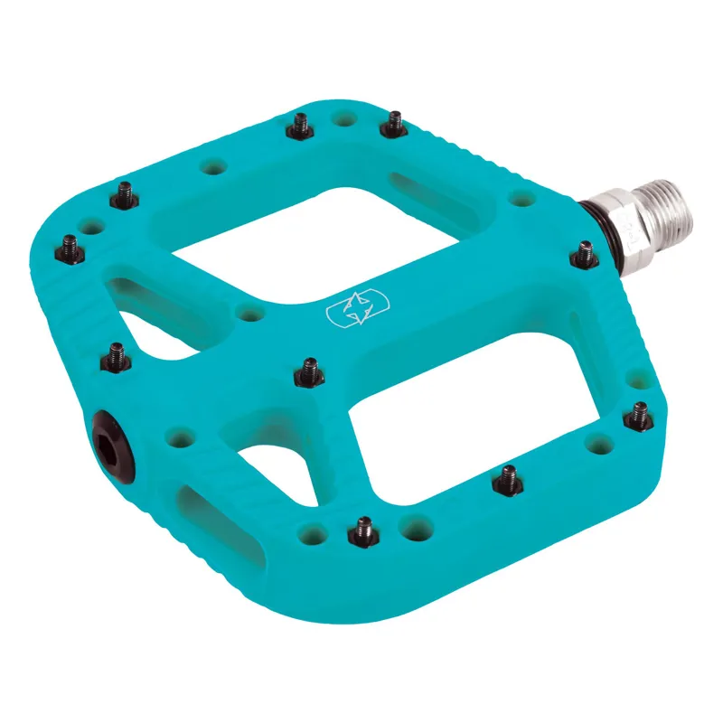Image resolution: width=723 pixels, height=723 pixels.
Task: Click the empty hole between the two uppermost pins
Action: point(343,118)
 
